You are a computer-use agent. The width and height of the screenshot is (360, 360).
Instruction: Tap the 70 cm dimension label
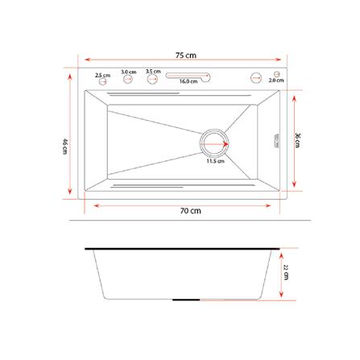pos(190,210)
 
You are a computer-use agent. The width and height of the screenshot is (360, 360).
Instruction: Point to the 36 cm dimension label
pos(297,139)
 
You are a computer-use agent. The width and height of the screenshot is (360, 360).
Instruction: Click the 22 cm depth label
pos(286,275)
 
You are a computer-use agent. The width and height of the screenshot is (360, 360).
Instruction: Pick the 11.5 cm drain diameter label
pos(215,160)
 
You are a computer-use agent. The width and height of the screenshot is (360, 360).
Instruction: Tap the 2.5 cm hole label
pos(102,75)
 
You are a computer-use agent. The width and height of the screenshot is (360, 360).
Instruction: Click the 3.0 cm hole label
pos(128,72)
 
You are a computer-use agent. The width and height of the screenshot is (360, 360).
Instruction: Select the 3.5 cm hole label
pos(153,71)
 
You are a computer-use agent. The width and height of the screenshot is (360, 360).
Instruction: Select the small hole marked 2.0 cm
pos(276,73)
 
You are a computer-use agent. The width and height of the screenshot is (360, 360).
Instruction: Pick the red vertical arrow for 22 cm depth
pos(280,274)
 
